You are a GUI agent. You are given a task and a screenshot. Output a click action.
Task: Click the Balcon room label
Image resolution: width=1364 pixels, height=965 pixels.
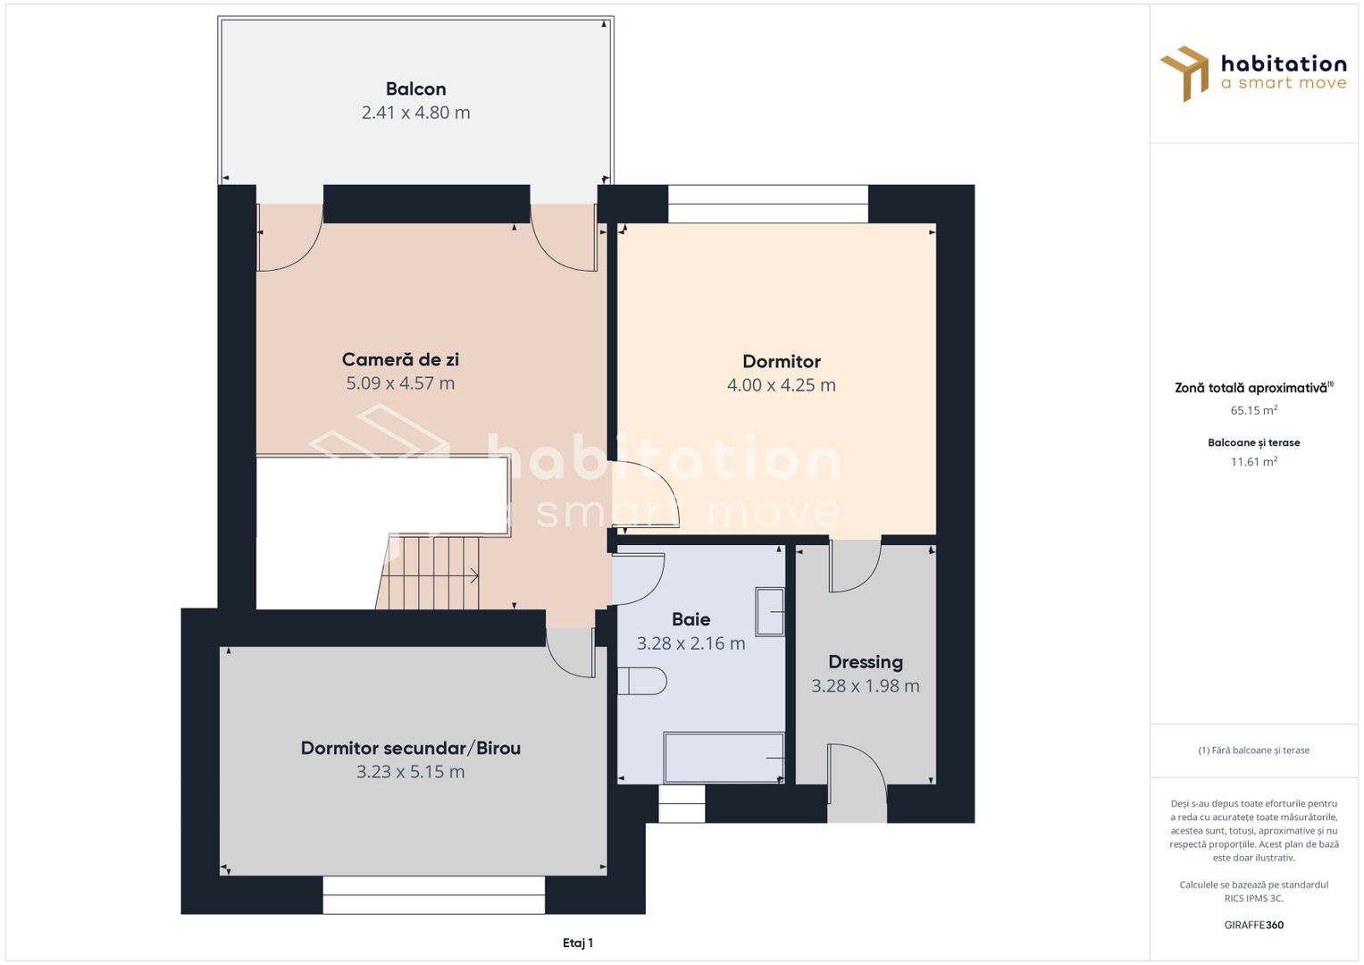(415, 88)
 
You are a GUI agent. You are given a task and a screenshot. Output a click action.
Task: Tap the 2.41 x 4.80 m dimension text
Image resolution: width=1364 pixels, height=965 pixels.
(415, 113)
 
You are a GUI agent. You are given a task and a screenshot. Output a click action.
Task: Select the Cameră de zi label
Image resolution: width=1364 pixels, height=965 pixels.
(400, 359)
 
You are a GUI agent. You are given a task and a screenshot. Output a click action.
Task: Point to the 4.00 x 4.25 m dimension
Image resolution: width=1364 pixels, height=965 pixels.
(781, 385)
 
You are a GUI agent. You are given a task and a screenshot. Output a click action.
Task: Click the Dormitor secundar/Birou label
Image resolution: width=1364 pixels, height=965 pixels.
(410, 748)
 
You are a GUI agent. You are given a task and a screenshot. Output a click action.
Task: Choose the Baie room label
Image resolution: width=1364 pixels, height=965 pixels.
(690, 619)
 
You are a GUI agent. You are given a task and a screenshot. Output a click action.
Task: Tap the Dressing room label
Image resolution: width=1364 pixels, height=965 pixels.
(865, 662)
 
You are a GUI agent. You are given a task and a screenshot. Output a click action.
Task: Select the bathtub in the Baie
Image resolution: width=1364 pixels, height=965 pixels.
(724, 758)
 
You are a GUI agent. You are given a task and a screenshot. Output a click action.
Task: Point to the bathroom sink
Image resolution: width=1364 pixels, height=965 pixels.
(769, 611)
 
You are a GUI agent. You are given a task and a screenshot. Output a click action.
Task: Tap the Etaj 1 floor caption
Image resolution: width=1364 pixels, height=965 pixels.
(578, 943)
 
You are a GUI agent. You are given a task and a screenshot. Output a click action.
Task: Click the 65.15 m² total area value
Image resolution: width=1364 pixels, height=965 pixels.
(1253, 411)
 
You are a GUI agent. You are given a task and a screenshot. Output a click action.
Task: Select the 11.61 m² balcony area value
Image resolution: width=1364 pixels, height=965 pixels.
(1253, 462)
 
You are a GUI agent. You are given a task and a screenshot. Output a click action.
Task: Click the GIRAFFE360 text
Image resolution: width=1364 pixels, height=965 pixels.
(1253, 925)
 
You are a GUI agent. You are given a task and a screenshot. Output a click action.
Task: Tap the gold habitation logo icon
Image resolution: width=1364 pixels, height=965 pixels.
(1184, 73)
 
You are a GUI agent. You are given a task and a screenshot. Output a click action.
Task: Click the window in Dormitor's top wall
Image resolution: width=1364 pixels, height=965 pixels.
(767, 204)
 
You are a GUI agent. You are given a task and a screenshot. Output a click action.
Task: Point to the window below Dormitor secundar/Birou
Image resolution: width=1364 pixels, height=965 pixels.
(433, 894)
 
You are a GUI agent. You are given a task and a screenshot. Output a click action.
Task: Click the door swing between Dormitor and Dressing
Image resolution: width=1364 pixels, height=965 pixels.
(854, 565)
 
